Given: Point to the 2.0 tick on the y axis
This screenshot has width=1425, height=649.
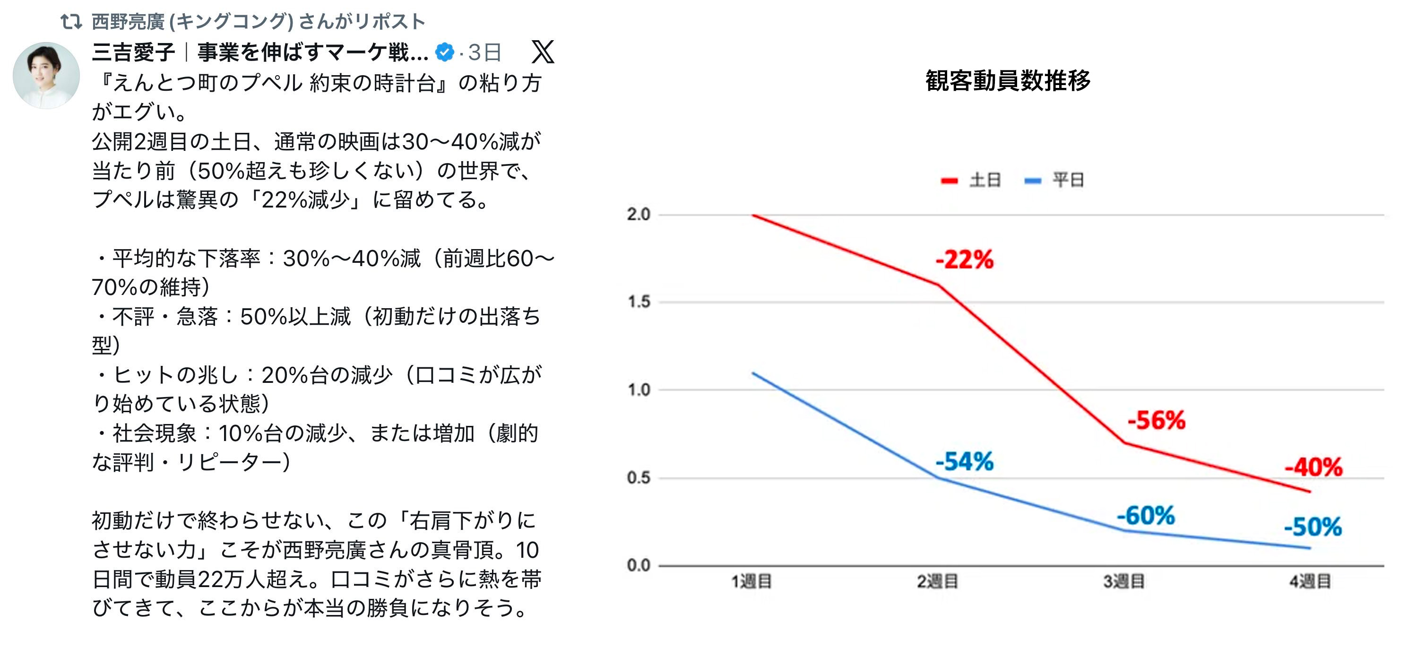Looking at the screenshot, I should click(639, 215).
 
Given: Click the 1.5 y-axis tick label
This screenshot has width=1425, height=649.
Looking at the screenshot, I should click(639, 302).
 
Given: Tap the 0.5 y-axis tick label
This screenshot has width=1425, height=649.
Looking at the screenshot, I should click(639, 478).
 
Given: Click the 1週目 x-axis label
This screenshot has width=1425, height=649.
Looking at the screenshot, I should click(751, 581).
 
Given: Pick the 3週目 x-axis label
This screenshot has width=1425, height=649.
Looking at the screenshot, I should click(1123, 581).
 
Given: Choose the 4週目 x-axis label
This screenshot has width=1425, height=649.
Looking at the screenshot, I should click(1310, 581).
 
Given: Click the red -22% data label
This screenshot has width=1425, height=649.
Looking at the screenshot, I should click(964, 260).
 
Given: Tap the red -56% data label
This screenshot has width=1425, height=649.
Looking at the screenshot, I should click(1156, 421).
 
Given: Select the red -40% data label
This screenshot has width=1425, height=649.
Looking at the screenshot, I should click(1313, 467).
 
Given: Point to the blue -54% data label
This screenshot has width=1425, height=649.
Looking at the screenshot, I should click(964, 461).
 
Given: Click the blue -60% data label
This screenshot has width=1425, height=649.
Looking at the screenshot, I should click(1146, 516).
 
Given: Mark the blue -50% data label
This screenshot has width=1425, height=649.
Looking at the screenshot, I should click(1313, 527).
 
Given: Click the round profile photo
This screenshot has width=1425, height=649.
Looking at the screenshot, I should click(46, 75).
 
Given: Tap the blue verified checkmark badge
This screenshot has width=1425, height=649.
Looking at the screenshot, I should click(444, 52).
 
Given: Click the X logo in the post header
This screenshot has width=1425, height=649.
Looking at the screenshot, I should click(542, 52).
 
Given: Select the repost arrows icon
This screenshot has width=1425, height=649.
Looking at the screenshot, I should click(71, 22).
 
